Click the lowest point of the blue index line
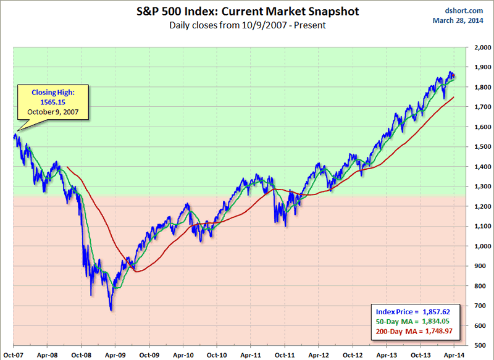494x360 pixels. pos(111,310)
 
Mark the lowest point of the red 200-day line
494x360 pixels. pos(137,271)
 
